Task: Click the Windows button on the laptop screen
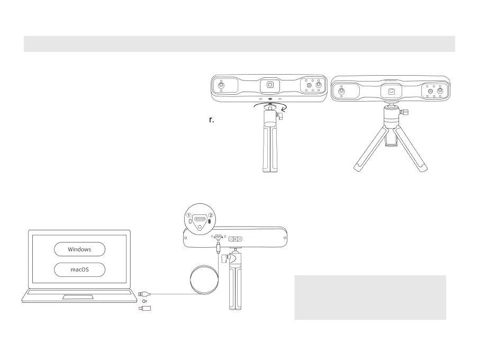(x=79, y=249)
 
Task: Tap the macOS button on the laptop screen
(x=79, y=269)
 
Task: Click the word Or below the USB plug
(x=144, y=301)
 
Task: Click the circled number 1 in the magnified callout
(x=187, y=215)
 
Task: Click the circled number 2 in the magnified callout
(x=211, y=215)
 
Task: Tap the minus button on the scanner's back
(x=231, y=239)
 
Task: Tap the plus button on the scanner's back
(x=240, y=239)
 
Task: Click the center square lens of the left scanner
(x=270, y=85)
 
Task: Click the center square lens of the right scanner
(x=391, y=91)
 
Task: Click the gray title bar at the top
(x=239, y=44)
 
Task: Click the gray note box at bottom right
(x=370, y=297)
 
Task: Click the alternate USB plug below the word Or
(x=145, y=308)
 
